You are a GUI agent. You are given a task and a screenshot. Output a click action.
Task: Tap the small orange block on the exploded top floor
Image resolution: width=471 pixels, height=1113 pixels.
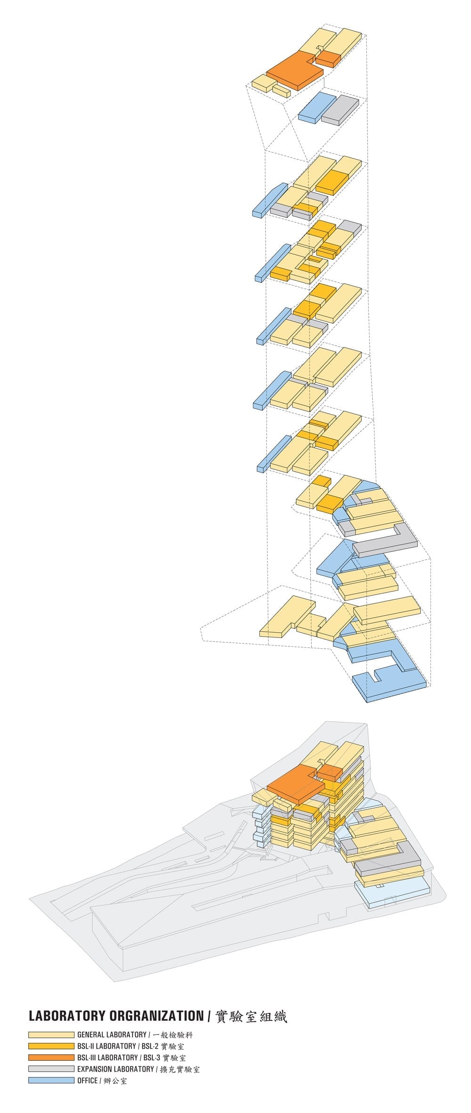coord(328,58)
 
